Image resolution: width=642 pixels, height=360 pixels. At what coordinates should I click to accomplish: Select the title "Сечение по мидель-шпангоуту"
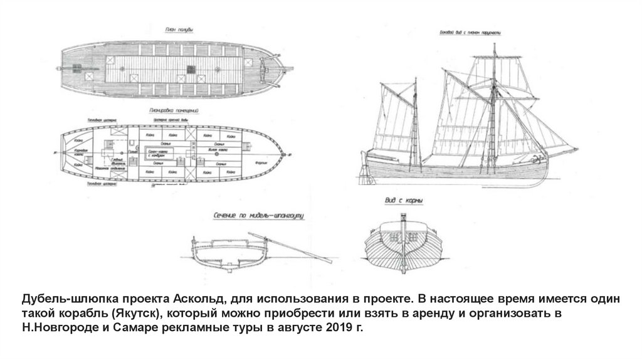click(258, 216)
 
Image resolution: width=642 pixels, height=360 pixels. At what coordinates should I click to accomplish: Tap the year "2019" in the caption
click(334, 328)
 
